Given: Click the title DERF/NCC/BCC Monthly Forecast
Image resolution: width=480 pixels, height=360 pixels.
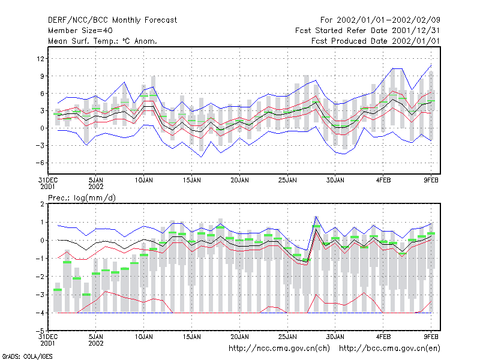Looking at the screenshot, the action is (112, 20).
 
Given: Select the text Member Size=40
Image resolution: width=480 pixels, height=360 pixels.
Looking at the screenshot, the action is (80, 31).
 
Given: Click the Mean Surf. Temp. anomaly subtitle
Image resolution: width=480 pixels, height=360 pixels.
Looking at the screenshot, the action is (102, 41).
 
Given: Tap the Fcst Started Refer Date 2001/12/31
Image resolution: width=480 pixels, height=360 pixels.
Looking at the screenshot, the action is (367, 31).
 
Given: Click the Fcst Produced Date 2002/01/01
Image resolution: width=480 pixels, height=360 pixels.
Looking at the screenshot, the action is (376, 41).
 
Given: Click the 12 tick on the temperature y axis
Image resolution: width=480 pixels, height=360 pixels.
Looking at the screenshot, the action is (40, 58).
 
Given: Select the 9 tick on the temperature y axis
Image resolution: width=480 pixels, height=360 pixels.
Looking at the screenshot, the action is (42, 76).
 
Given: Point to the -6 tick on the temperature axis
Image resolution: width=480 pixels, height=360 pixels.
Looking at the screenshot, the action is (40, 163).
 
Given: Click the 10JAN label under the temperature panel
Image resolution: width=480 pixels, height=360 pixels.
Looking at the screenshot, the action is (143, 181).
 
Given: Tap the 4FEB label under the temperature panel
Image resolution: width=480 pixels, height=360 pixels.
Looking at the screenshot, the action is (383, 181).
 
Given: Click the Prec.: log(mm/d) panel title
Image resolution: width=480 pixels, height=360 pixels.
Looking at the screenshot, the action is (82, 198).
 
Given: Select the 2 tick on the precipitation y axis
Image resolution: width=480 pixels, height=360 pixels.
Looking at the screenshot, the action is (42, 204).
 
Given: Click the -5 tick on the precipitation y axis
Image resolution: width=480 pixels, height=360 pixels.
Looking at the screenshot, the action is (40, 331).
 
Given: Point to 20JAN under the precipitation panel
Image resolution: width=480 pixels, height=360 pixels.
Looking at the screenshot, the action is (239, 337).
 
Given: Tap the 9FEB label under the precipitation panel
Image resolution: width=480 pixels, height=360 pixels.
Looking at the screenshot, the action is (431, 337).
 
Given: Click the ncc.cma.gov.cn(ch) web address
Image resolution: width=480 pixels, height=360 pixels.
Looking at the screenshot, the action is (279, 349).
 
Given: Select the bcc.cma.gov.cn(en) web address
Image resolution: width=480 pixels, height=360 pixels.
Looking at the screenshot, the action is (389, 349).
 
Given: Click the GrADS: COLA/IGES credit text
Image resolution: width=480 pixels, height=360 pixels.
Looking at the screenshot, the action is (28, 356).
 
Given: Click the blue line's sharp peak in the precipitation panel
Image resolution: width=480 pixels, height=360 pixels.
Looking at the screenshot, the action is (316, 217).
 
